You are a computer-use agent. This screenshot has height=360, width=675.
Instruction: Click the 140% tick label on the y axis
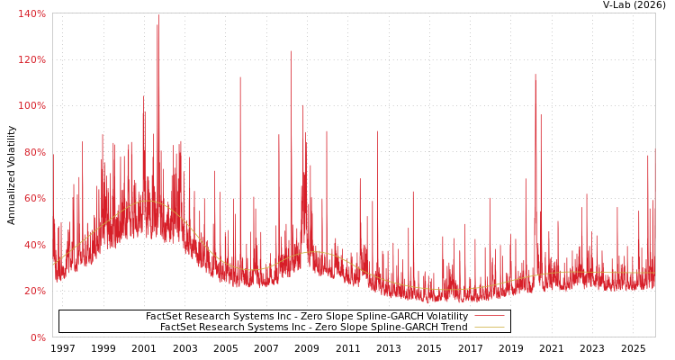pyautogui.click(x=31, y=14)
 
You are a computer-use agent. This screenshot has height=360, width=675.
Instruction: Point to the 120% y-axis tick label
pyautogui.click(x=31, y=60)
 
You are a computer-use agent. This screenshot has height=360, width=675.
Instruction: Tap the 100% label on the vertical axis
pyautogui.click(x=31, y=106)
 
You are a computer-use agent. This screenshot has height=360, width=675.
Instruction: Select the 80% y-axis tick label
pyautogui.click(x=33, y=153)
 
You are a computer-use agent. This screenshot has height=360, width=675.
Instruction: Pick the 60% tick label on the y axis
pyautogui.click(x=33, y=199)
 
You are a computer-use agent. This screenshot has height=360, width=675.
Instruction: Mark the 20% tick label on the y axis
pyautogui.click(x=33, y=292)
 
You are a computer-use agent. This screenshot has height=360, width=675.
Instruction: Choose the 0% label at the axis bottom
pyautogui.click(x=37, y=338)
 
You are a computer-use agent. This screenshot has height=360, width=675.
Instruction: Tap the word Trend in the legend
pyautogui.click(x=453, y=328)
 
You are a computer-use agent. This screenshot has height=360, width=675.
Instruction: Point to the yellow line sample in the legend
pyautogui.click(x=489, y=328)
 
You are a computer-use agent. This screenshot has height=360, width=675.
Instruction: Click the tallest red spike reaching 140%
pyautogui.click(x=158, y=16)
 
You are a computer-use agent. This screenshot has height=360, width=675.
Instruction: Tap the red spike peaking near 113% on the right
pyautogui.click(x=535, y=76)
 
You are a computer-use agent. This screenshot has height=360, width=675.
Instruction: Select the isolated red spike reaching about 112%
pyautogui.click(x=239, y=78)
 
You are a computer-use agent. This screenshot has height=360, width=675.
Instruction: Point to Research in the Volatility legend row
pyautogui.click(x=208, y=317)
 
